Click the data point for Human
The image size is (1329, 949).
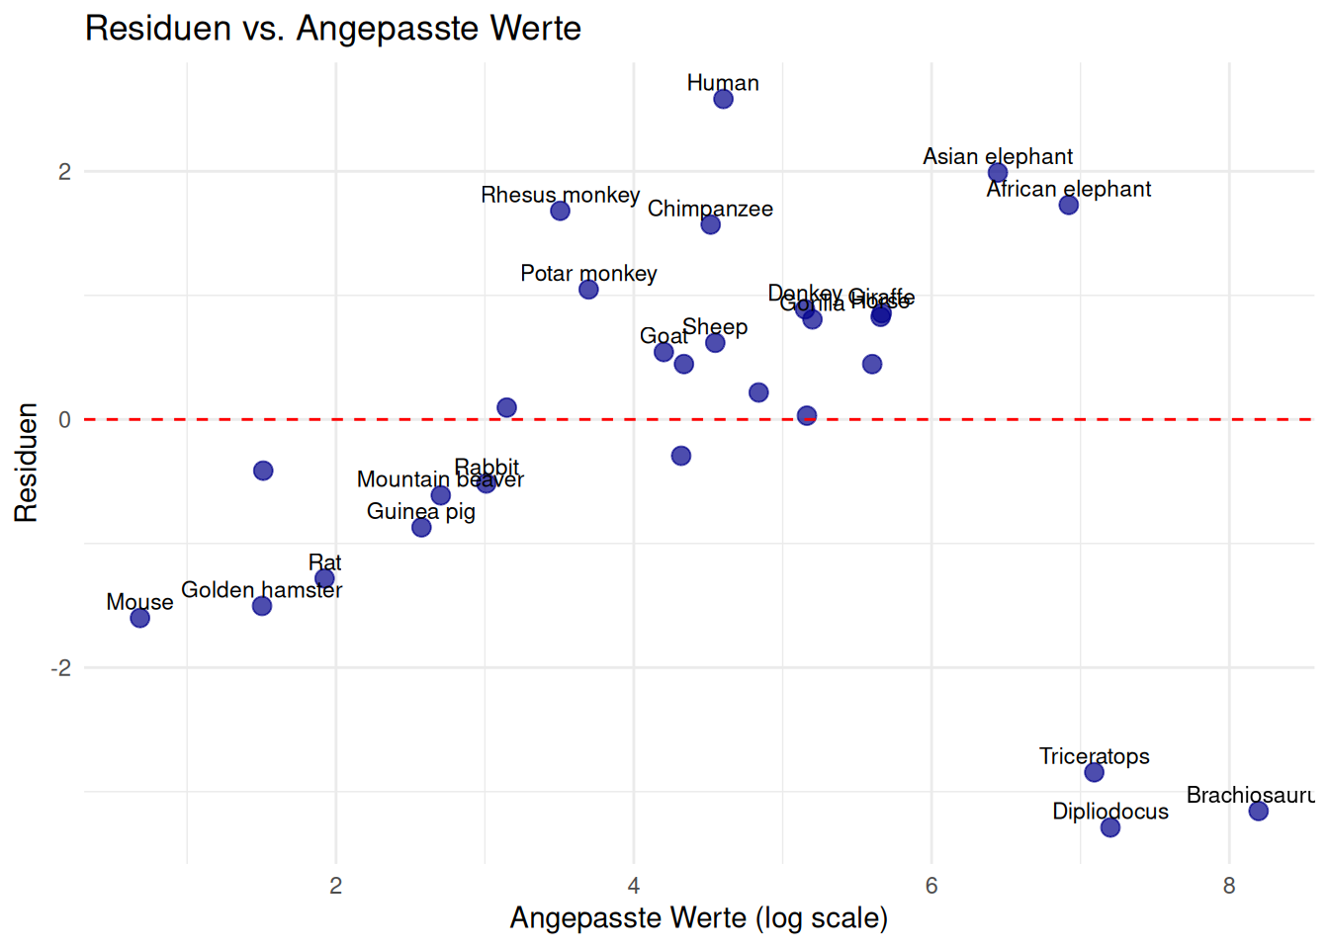723,99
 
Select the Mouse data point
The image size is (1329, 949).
140,618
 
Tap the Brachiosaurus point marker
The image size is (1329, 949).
1258,811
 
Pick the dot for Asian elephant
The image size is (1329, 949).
998,173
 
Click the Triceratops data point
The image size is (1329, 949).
1094,772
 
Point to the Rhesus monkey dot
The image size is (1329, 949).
560,211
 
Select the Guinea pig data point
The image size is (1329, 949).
421,527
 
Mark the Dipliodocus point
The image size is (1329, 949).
1110,827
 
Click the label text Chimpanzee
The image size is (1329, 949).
710,209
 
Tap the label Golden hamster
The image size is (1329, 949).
261,590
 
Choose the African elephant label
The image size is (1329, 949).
1069,189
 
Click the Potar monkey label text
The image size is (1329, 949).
588,274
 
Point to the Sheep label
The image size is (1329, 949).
715,327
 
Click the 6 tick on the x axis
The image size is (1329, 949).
931,886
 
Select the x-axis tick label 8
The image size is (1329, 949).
1229,886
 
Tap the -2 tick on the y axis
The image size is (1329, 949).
61,668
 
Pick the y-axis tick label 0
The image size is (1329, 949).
65,420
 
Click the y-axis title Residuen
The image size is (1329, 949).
26,463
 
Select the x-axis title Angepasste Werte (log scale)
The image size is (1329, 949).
698,918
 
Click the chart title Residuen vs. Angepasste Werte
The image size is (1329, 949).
333,28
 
